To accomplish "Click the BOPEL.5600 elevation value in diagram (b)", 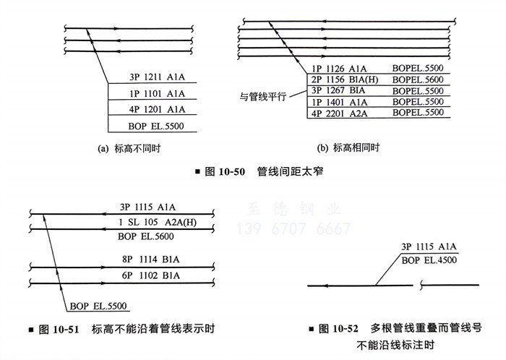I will pos(418,80).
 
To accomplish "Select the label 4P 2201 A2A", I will pos(338,113).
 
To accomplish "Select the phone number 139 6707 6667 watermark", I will pos(295,230).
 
